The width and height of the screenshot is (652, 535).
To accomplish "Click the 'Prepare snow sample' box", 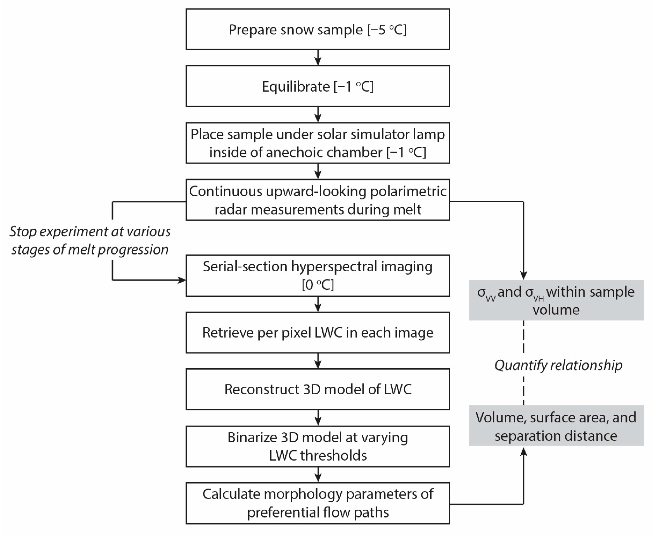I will [x=318, y=29].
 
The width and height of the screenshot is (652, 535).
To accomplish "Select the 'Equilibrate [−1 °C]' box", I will [x=318, y=86].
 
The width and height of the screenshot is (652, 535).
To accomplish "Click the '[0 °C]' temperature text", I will [x=318, y=285].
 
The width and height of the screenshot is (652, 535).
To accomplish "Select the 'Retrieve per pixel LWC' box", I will [x=318, y=332].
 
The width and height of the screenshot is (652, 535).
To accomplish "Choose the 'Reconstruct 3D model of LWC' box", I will [x=318, y=389].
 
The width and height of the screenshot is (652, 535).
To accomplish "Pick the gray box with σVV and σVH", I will [x=556, y=300].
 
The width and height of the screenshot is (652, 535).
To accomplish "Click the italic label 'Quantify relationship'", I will [x=558, y=365].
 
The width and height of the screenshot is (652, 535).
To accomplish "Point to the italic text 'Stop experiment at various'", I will [x=90, y=231].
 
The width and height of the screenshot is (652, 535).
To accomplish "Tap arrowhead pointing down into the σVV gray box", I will [x=524, y=275].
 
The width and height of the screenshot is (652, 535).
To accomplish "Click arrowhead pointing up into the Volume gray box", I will [x=524, y=452].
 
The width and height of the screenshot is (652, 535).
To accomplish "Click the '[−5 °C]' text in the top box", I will [x=387, y=30].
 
